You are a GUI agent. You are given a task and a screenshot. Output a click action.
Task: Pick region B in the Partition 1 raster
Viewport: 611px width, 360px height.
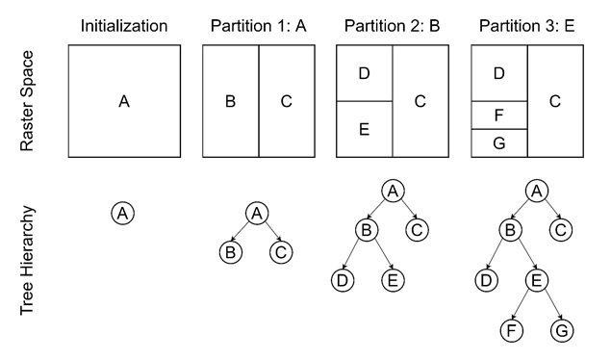point(230,100)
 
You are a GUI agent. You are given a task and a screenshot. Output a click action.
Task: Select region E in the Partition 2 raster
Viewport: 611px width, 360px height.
point(364,129)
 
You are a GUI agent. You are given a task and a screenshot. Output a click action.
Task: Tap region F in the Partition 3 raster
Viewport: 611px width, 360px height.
point(497,115)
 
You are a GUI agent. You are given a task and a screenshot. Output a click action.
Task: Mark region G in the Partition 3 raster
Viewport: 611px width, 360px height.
point(497,142)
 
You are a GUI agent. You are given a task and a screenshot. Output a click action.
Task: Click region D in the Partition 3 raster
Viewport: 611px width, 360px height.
point(497,72)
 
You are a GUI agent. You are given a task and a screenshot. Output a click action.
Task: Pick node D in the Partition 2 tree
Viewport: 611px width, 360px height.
point(341,280)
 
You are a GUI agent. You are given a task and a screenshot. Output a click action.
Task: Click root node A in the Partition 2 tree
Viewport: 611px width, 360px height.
point(391,191)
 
